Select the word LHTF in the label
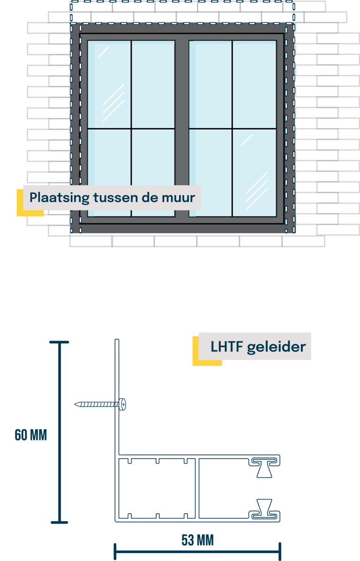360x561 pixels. point(226,347)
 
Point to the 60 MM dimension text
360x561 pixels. point(31,435)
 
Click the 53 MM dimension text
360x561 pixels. point(197,540)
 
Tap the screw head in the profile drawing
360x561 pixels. point(123,404)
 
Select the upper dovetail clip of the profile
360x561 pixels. point(264,468)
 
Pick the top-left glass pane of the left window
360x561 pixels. point(109,84)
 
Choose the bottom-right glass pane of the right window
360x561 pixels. point(254,172)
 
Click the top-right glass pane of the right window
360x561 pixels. point(254,84)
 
